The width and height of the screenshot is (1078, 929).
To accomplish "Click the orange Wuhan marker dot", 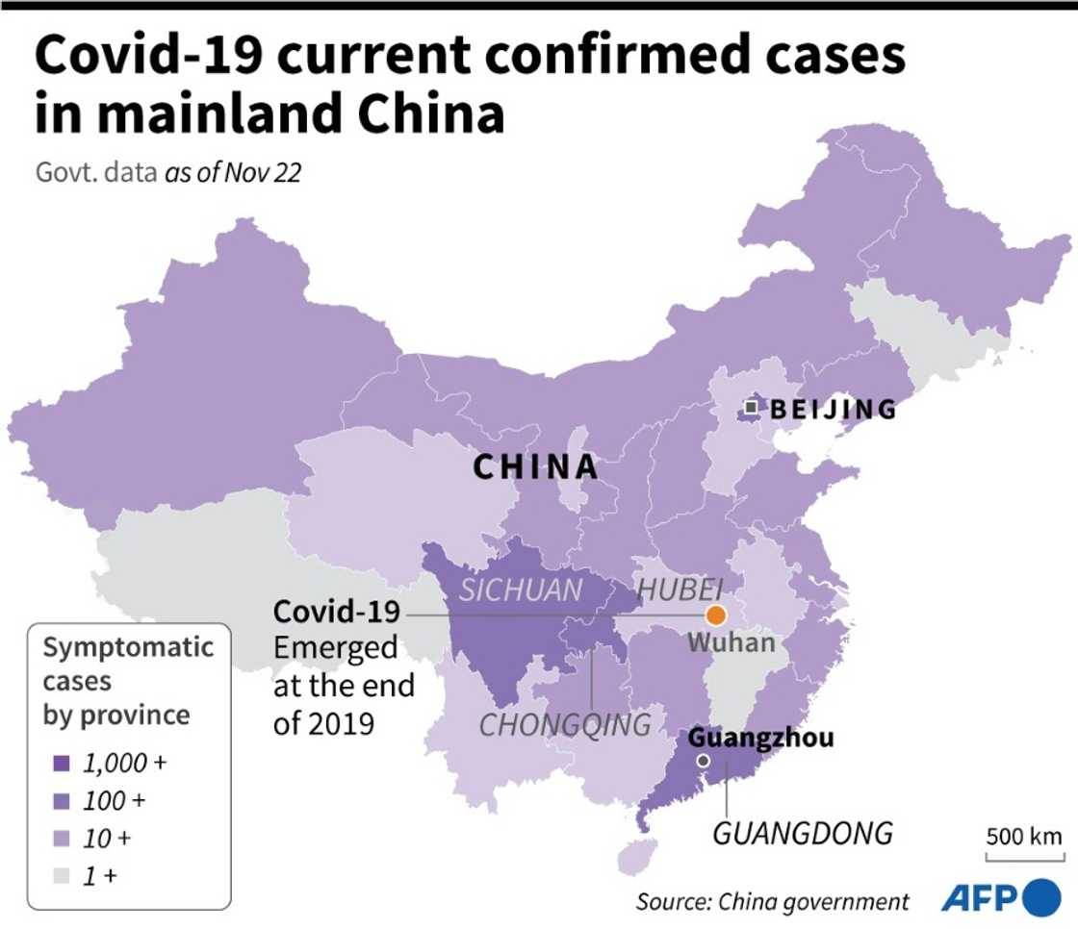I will (715, 615).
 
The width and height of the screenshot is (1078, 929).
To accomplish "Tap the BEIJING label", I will (833, 410).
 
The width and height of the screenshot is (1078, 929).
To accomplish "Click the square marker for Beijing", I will (751, 409).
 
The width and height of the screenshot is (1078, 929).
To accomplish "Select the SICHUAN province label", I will (521, 590).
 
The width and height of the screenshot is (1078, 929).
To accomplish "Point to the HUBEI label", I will (680, 589).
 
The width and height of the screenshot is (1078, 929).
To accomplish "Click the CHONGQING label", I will (565, 724).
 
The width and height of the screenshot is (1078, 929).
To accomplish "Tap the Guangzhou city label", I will (761, 739).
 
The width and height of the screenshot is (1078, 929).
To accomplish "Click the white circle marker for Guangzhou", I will (704, 761).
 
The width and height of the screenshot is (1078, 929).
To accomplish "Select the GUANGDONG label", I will (802, 832).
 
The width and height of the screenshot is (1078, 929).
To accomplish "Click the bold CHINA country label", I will (535, 467).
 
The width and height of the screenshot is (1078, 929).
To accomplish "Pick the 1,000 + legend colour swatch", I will (63, 763).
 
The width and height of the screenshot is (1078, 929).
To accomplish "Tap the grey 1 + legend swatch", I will (63, 875).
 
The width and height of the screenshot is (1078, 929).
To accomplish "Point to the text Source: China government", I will (771, 901).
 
